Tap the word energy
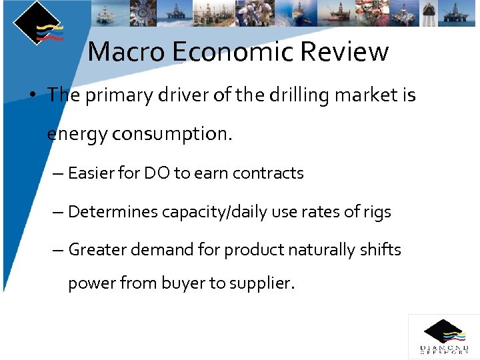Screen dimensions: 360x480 [77, 135]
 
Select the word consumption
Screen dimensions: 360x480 [172, 135]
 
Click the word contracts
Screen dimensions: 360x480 [265, 173]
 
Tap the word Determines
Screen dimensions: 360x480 [111, 212]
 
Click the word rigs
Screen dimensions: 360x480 [377, 212]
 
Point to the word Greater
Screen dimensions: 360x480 [95, 250]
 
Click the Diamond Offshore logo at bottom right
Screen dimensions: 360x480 [443, 337]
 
